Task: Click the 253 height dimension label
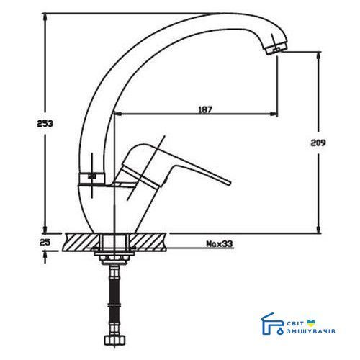[45, 124]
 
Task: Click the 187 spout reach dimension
[205, 109]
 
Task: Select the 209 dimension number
[318, 143]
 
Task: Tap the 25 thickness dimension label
[45, 243]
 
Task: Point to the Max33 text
[220, 244]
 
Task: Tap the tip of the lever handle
[228, 183]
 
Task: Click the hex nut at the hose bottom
[114, 340]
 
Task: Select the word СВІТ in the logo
[295, 323]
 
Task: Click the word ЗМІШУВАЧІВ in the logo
[311, 331]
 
